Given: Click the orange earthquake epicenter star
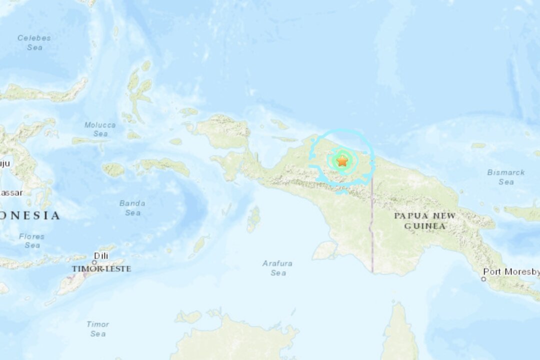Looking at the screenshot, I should [x=342, y=160].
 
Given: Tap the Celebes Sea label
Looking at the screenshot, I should [x=34, y=42].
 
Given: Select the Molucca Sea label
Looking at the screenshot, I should [x=100, y=129].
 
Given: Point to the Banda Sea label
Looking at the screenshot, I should [x=132, y=208].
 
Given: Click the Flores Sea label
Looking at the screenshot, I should [x=32, y=240].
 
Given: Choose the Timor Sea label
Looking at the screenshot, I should [x=97, y=328].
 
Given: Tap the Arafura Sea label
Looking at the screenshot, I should [x=278, y=268].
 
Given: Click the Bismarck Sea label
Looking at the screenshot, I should [x=506, y=177].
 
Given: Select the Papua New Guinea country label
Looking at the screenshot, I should [x=424, y=220].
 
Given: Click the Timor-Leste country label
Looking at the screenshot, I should [x=101, y=268].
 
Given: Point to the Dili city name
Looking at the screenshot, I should [x=101, y=255].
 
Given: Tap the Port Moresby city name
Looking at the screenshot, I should [x=511, y=272].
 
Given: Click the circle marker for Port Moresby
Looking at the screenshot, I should [x=483, y=278].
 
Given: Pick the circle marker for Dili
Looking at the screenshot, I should [x=94, y=262].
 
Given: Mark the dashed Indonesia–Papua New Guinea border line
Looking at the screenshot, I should [x=371, y=225].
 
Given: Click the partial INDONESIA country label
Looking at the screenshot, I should [x=30, y=215].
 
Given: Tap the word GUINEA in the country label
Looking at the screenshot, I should [x=424, y=226].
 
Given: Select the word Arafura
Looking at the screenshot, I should [x=278, y=263].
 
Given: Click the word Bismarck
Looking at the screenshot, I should [x=506, y=172].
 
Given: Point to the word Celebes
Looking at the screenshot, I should [x=34, y=37].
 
